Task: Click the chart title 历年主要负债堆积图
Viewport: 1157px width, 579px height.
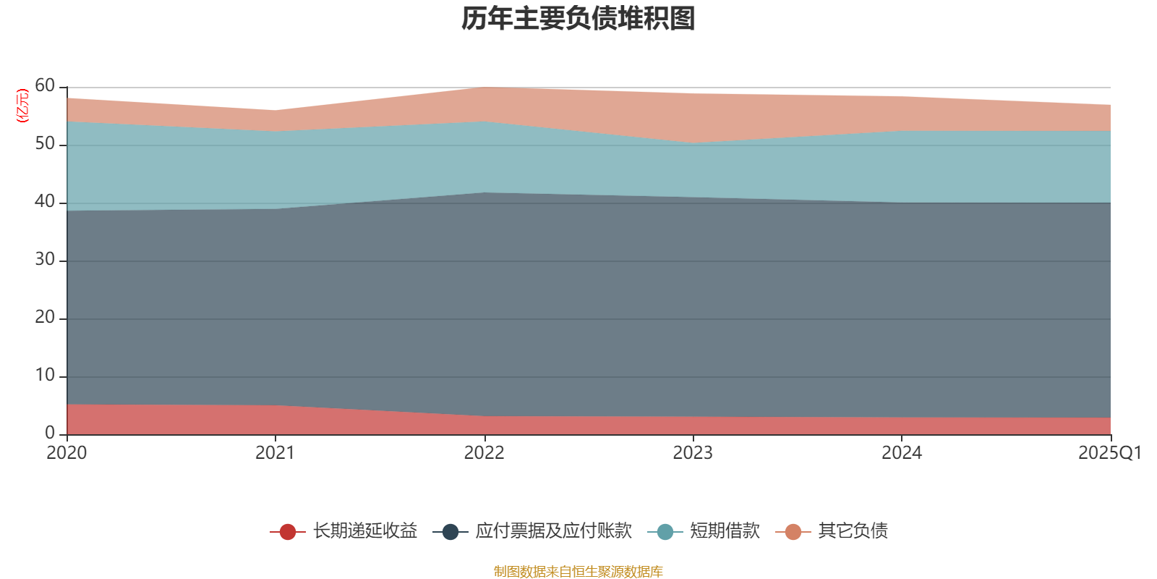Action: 578,19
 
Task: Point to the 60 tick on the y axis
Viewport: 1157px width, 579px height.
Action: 45,86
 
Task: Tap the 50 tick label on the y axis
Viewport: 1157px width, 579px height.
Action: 45,144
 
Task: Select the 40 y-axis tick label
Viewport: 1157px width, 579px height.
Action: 45,202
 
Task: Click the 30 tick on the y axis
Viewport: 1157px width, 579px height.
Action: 45,260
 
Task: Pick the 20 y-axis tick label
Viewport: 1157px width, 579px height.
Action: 45,318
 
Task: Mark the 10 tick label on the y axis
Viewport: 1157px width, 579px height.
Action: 45,376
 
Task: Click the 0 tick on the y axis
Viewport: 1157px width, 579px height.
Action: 50,433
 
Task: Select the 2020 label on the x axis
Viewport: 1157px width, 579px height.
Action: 67,453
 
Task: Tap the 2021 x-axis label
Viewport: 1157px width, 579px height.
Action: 275,453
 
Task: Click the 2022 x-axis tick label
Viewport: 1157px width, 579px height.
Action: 484,453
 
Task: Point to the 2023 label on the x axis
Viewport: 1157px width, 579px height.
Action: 693,453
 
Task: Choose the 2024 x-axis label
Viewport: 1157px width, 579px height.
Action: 901,453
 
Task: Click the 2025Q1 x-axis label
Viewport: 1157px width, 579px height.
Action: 1109,453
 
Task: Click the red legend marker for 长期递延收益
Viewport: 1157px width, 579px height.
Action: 288,532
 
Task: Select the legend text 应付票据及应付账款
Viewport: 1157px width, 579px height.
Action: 553,531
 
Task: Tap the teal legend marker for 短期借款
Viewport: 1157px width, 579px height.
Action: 665,532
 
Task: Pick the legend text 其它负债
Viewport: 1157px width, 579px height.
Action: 853,531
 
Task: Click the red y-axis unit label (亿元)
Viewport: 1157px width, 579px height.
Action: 22,106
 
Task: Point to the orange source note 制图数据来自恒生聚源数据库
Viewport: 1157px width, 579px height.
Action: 578,572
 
